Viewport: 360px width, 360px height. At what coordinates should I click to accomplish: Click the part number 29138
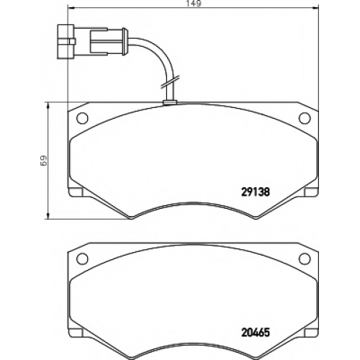coord(255,192)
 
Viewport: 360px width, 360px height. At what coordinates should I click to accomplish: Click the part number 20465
coord(255,333)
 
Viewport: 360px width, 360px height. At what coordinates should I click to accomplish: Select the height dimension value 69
coord(44,161)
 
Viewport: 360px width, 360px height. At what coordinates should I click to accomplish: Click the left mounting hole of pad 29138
coord(82,118)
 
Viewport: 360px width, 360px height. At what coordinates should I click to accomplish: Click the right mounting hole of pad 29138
coord(305,118)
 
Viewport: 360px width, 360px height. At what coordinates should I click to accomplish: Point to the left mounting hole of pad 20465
coord(82,258)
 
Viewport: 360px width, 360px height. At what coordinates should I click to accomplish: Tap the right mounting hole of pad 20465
coord(305,258)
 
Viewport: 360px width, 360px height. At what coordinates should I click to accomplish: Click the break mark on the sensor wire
coord(170,81)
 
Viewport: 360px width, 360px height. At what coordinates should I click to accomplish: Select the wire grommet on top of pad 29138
coord(170,102)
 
